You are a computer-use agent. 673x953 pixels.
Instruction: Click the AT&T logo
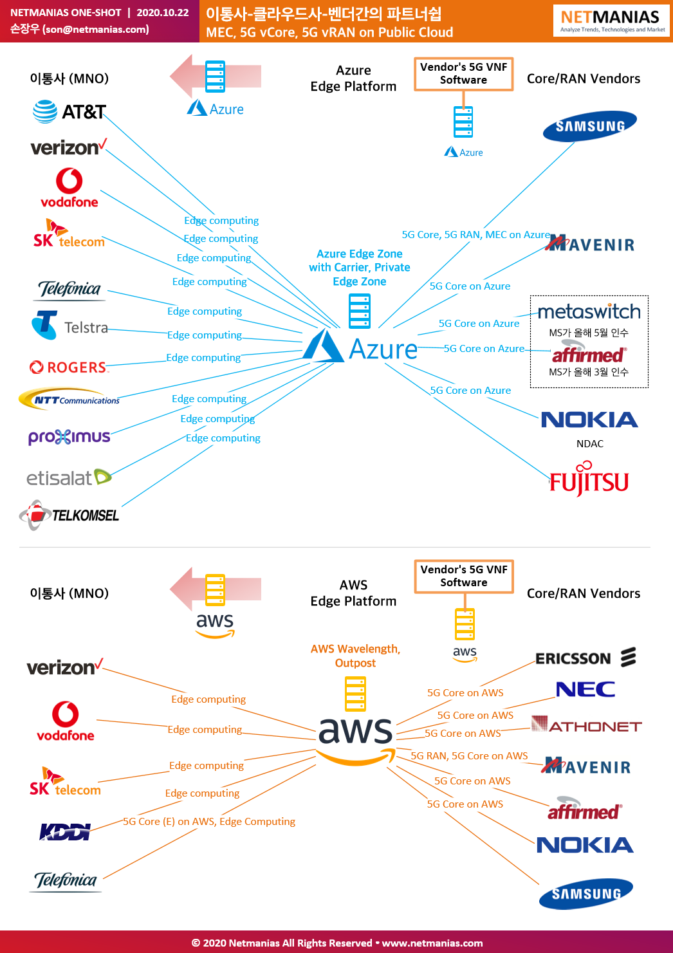click(x=69, y=111)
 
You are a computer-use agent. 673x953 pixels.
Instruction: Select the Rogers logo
click(x=68, y=367)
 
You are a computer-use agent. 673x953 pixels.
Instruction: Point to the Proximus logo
click(x=69, y=437)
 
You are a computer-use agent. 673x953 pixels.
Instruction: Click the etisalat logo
click(x=69, y=477)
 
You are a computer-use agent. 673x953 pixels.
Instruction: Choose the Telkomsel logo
click(x=69, y=515)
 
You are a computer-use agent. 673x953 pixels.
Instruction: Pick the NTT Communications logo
click(x=69, y=399)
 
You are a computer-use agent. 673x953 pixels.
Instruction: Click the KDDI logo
click(x=65, y=832)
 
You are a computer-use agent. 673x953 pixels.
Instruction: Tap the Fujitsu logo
click(x=589, y=479)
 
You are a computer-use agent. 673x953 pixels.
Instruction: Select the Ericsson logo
click(x=585, y=658)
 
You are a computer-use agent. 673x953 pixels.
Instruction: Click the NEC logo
click(x=585, y=689)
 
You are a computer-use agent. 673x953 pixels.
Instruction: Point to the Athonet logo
click(x=587, y=724)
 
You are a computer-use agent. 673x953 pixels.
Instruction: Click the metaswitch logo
click(x=589, y=311)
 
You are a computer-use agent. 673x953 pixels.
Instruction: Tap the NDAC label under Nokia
click(x=589, y=444)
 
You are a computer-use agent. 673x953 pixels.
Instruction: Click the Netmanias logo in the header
click(x=611, y=21)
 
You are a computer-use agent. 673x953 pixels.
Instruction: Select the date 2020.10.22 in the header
click(x=163, y=13)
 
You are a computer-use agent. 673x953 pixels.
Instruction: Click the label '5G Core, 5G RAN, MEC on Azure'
click(x=476, y=234)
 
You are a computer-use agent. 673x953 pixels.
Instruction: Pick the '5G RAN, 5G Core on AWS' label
click(x=469, y=755)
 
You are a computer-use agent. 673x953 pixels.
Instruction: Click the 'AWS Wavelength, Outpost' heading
click(x=355, y=656)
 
